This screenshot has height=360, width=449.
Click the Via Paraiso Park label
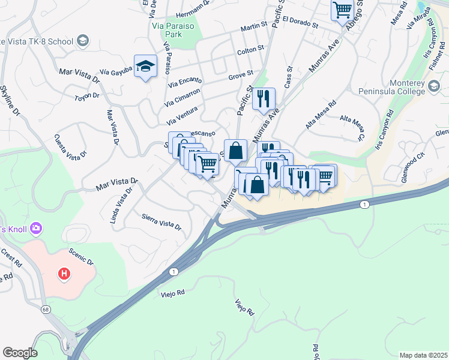pyautogui.click(x=173, y=31)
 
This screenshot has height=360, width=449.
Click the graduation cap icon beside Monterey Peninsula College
pyautogui.click(x=435, y=89)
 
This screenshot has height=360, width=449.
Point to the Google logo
pyautogui.click(x=20, y=353)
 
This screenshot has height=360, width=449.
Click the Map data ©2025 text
pyautogui.click(x=423, y=355)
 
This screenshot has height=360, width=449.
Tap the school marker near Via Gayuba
pyautogui.click(x=145, y=67)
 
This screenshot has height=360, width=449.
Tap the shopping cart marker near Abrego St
pyautogui.click(x=342, y=10)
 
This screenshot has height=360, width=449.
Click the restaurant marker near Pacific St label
pyautogui.click(x=264, y=99)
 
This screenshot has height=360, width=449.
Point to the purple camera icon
pyautogui.click(x=36, y=228)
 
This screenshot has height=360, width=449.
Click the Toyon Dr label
pyautogui.click(x=87, y=96)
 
